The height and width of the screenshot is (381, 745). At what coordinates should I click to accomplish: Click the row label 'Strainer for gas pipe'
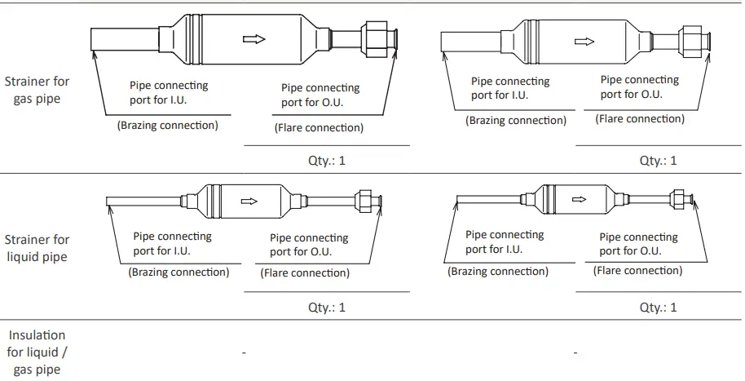pyautogui.click(x=37, y=90)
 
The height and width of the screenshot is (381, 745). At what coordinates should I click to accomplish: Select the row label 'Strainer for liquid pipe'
pyautogui.click(x=37, y=248)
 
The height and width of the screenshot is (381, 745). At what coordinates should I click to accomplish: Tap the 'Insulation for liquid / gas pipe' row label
pyautogui.click(x=37, y=352)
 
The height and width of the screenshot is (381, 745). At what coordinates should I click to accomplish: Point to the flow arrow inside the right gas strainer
pyautogui.click(x=584, y=42)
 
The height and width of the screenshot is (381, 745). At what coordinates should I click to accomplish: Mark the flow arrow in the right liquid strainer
pyautogui.click(x=580, y=199)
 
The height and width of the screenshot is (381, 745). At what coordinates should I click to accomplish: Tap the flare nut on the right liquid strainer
pyautogui.click(x=677, y=199)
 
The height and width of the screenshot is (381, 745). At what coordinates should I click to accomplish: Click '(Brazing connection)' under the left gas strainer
pyautogui.click(x=167, y=126)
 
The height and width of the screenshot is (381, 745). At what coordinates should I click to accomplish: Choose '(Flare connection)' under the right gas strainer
pyautogui.click(x=640, y=119)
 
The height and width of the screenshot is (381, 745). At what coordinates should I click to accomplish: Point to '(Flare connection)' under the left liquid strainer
pyautogui.click(x=305, y=273)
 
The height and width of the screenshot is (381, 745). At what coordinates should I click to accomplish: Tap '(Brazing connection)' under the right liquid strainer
pyautogui.click(x=498, y=272)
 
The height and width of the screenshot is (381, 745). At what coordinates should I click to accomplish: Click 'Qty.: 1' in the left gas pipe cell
pyautogui.click(x=326, y=161)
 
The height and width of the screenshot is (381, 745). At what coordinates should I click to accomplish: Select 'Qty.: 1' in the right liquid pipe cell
pyautogui.click(x=658, y=308)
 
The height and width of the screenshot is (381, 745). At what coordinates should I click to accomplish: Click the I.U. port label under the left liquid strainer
pyautogui.click(x=172, y=243)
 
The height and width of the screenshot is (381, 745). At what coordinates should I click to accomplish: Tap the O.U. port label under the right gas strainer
pyautogui.click(x=639, y=86)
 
